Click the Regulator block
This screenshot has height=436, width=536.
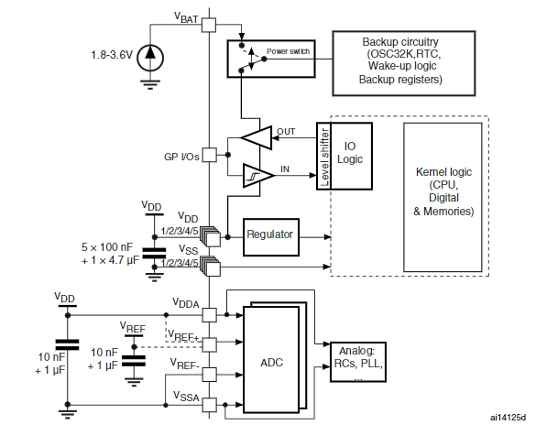click(x=271, y=237)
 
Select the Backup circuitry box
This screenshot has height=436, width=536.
click(x=404, y=63)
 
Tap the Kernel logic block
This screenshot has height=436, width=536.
click(x=443, y=197)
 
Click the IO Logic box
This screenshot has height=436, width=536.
click(x=351, y=156)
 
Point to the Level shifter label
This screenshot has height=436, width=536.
click(x=324, y=158)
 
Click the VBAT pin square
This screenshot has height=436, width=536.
click(x=209, y=25)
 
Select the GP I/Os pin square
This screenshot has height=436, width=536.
click(x=209, y=155)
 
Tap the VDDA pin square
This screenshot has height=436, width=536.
click(x=209, y=315)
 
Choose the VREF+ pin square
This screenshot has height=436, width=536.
click(x=209, y=344)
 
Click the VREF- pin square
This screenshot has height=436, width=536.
click(x=209, y=375)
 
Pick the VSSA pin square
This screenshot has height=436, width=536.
click(x=209, y=405)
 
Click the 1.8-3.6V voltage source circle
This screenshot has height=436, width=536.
click(x=150, y=58)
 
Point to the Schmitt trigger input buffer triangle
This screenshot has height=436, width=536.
click(x=258, y=176)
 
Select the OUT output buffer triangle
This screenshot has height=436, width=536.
click(x=257, y=137)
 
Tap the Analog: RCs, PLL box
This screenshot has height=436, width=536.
click(x=358, y=362)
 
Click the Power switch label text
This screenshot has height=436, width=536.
click(x=288, y=51)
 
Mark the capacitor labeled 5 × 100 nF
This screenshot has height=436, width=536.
click(x=155, y=254)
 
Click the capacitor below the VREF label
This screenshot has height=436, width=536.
click(x=134, y=361)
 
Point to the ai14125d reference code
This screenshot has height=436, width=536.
click(x=508, y=417)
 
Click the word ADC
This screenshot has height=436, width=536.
click(x=272, y=362)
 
